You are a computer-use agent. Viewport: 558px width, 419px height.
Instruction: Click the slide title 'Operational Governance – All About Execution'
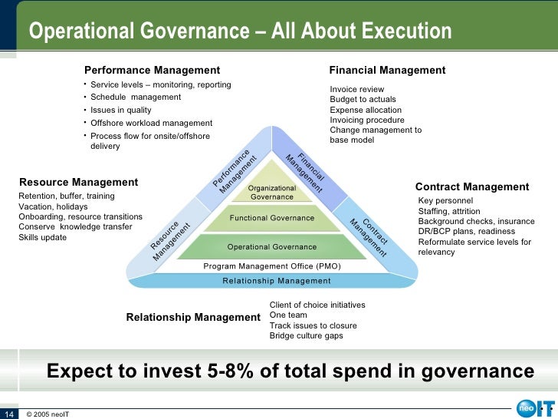pyautogui.click(x=240, y=31)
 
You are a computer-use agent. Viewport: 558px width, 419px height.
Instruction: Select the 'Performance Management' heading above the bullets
pyautogui.click(x=152, y=70)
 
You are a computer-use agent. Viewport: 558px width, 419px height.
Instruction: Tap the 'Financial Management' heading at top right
pyautogui.click(x=387, y=70)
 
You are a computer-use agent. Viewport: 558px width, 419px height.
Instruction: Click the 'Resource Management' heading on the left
pyautogui.click(x=78, y=182)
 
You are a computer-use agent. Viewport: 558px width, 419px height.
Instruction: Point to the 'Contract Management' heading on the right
pyautogui.click(x=472, y=186)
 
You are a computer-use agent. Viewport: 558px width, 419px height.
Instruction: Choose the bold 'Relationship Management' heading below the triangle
pyautogui.click(x=193, y=317)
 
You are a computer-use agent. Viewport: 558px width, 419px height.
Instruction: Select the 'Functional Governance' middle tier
pyautogui.click(x=272, y=218)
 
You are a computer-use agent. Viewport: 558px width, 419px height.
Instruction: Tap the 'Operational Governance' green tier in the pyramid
pyautogui.click(x=272, y=247)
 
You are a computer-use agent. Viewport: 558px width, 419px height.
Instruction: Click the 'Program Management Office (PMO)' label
pyautogui.click(x=272, y=266)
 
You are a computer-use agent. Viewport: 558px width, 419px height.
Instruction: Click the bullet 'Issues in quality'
pyautogui.click(x=120, y=110)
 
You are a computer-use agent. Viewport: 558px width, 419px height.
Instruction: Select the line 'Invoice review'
pyautogui.click(x=356, y=90)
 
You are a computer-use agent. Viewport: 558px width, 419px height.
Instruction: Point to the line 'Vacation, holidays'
pyautogui.click(x=53, y=207)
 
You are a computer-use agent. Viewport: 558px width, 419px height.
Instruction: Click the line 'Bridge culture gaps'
pyautogui.click(x=306, y=335)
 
